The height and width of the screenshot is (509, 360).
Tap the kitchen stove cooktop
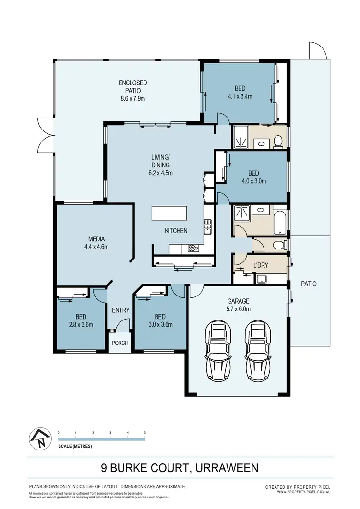(x=193, y=248)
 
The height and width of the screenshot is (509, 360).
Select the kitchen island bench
(x=169, y=213)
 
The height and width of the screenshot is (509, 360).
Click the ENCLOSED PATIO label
(x=133, y=91)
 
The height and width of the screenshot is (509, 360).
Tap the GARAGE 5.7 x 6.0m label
(x=238, y=306)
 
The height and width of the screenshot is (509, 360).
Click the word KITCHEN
(x=176, y=231)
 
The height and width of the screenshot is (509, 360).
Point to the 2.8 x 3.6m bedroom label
(x=80, y=320)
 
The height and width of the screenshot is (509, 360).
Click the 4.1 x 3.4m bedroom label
(x=240, y=92)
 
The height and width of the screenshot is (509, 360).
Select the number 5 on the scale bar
(x=145, y=433)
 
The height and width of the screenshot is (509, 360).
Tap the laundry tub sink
(x=262, y=279)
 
